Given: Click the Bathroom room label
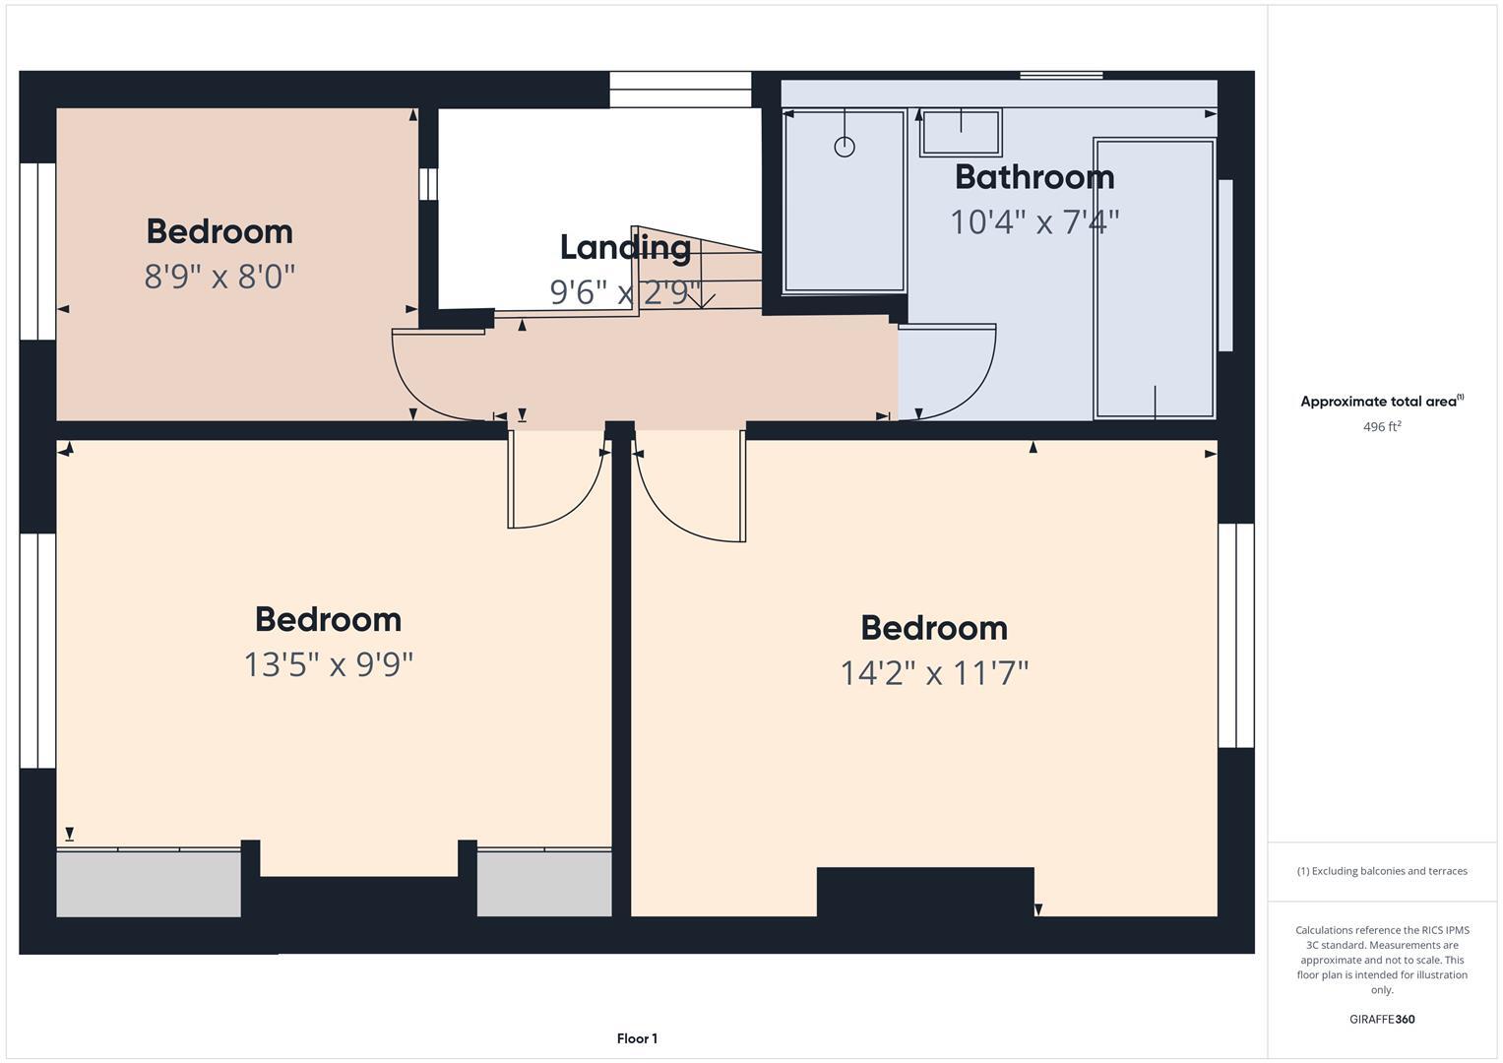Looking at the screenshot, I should coord(1033,177).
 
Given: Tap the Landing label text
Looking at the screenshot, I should coord(625,247).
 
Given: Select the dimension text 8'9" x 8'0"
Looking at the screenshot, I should coord(219,277).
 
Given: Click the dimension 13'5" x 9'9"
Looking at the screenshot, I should coord(328,664).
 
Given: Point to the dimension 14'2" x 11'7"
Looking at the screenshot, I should coord(934,673).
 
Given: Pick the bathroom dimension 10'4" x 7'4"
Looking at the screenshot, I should coord(1033,222).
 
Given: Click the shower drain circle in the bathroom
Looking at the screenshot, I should coord(844,147).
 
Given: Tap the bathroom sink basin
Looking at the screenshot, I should coord(961,132).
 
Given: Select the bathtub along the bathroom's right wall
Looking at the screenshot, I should coord(1155,279).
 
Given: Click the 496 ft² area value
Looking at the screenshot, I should coord(1381,427).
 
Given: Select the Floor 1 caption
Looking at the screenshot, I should coord(637,1038).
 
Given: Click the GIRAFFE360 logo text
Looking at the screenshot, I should coord(1381,1019).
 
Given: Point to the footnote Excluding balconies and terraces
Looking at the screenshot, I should coord(1381,871).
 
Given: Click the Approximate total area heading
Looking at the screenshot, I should coord(1381,402).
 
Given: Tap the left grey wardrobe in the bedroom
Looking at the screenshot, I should coord(149,883).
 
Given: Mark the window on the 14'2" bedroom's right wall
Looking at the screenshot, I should coord(1235,635).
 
